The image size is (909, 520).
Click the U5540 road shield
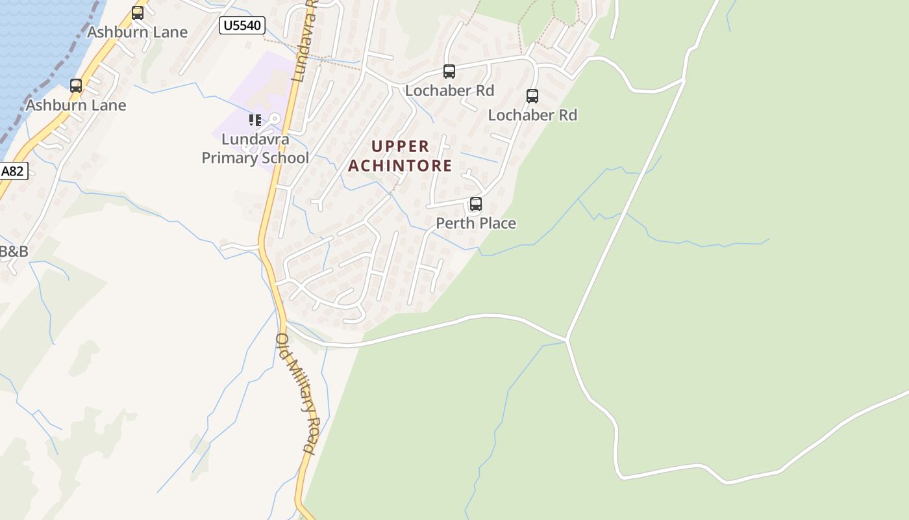point(242,25)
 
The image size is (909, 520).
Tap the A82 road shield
point(13,172)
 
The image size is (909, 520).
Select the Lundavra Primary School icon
point(255,120)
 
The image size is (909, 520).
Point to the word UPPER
point(401,146)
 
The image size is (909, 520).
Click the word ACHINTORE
point(400,166)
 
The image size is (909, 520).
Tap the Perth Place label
point(476,223)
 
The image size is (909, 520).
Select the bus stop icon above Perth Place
point(476,204)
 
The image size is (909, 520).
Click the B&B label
point(13,252)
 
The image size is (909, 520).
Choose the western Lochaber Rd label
point(449,90)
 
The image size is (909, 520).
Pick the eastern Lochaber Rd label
point(532,115)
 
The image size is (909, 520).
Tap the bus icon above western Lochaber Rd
point(449,71)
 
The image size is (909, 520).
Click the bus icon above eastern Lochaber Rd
point(532,96)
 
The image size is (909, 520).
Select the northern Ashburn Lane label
point(137,32)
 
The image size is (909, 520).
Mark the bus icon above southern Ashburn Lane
point(76,86)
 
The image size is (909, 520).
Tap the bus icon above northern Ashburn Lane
point(138,12)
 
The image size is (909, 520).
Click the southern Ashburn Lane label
point(76,105)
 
